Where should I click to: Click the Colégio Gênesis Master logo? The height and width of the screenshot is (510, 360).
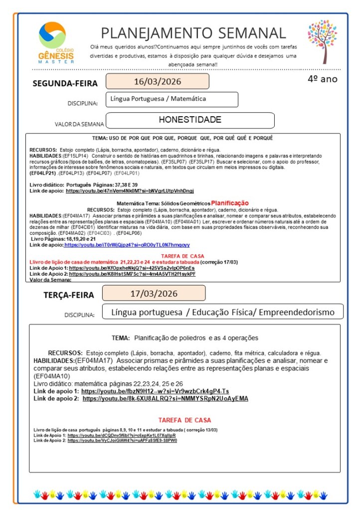pyautogui.click(x=56, y=42)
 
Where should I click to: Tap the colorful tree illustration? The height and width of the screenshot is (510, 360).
pyautogui.click(x=323, y=42)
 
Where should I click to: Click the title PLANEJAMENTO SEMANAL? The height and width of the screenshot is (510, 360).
pyautogui.click(x=193, y=33)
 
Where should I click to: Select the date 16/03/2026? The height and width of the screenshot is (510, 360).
pyautogui.click(x=157, y=81)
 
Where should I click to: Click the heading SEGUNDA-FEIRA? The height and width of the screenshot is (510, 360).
pyautogui.click(x=65, y=83)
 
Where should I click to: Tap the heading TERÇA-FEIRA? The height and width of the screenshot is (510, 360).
pyautogui.click(x=68, y=295)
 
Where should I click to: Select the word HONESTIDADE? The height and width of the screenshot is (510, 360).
pyautogui.click(x=190, y=120)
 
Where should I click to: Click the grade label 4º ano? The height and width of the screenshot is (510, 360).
pyautogui.click(x=322, y=79)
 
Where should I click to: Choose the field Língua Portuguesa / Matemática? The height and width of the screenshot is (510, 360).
pyautogui.click(x=158, y=99)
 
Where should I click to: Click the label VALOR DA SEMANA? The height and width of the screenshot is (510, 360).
pyautogui.click(x=79, y=124)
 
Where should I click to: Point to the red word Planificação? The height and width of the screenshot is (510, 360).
pyautogui.click(x=229, y=203)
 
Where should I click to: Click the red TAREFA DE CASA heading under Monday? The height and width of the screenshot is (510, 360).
pyautogui.click(x=183, y=256)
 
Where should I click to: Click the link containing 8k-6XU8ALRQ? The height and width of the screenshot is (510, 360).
pyautogui.click(x=165, y=399)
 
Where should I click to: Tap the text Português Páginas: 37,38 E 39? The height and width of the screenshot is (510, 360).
pyautogui.click(x=102, y=185)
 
